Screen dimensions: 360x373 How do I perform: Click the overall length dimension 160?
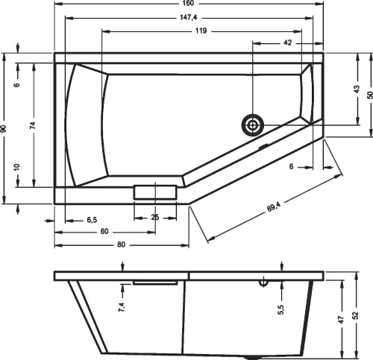click(189, 4)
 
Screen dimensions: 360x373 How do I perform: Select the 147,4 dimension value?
click(189, 18)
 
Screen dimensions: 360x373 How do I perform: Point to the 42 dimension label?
click(288, 44)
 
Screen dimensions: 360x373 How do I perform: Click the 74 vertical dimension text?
click(32, 126)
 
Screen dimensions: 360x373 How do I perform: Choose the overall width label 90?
click(5, 130)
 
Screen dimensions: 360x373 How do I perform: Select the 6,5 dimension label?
click(92, 220)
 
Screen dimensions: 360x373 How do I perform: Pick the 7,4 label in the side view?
click(122, 306)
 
